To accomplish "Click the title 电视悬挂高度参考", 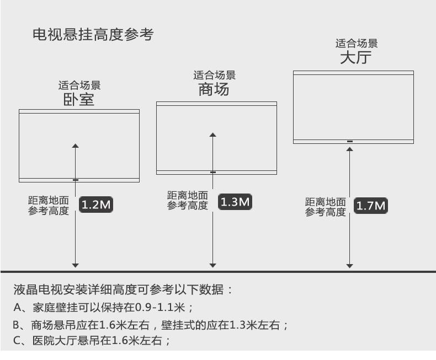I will (x=93, y=35).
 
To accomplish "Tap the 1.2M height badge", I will (x=97, y=206).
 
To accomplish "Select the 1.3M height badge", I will (x=235, y=202).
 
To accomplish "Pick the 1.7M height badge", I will (x=370, y=206).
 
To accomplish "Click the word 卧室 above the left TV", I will (x=79, y=99).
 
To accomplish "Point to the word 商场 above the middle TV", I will (x=214, y=89).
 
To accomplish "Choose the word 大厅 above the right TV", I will (x=356, y=57).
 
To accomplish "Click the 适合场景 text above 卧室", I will (x=79, y=85).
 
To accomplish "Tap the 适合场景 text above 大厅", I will (x=357, y=44).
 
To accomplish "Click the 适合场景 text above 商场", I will (x=214, y=76).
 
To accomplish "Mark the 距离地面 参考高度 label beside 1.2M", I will (x=49, y=205).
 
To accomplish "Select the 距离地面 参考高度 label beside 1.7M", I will (x=326, y=207).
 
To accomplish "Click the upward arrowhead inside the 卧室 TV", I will (x=76, y=146).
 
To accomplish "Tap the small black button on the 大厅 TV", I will (x=349, y=142).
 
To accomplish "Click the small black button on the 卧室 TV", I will (x=76, y=180).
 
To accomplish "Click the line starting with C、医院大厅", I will (x=93, y=341).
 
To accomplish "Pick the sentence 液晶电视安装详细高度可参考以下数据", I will (x=123, y=289).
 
